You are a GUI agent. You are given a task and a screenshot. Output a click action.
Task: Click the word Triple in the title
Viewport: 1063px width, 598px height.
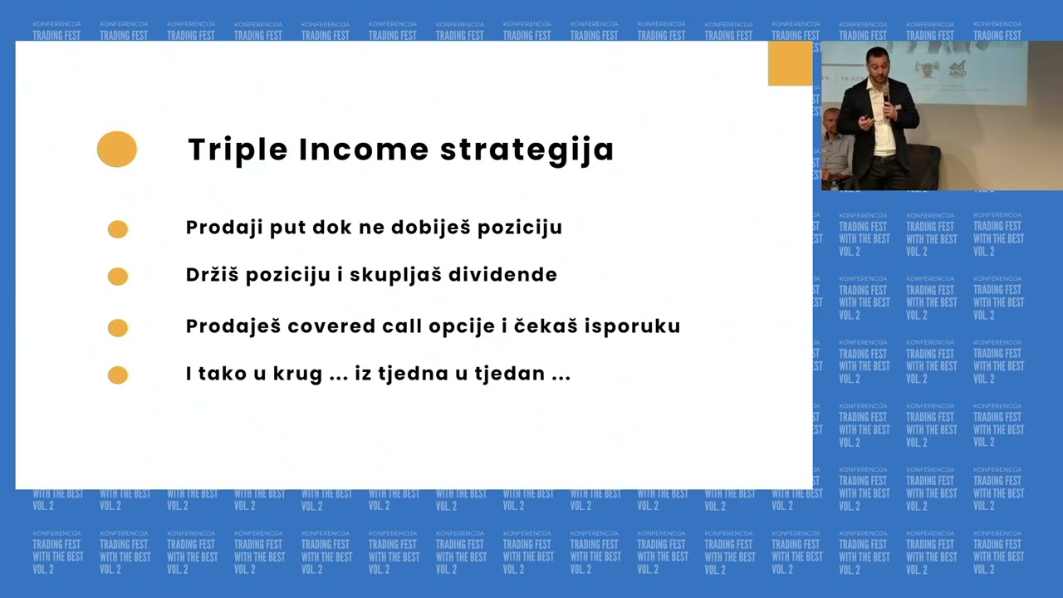[237, 150]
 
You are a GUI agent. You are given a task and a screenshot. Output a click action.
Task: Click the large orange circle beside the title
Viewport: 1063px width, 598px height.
[117, 149]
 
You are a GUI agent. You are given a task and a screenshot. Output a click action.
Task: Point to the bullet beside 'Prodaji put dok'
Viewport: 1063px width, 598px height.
[118, 229]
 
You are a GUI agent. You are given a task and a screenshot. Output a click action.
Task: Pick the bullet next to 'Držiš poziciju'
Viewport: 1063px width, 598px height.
[118, 277]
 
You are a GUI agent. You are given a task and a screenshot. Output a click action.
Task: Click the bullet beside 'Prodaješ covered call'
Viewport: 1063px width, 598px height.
[118, 328]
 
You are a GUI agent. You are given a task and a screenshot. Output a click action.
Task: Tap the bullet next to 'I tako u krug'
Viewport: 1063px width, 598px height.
[118, 375]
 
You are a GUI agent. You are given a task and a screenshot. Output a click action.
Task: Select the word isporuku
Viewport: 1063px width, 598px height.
[639, 326]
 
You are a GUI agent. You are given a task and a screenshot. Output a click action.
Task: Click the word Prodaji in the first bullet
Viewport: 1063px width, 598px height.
[218, 228]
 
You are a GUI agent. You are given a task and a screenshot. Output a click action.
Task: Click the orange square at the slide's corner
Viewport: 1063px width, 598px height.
[790, 63]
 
